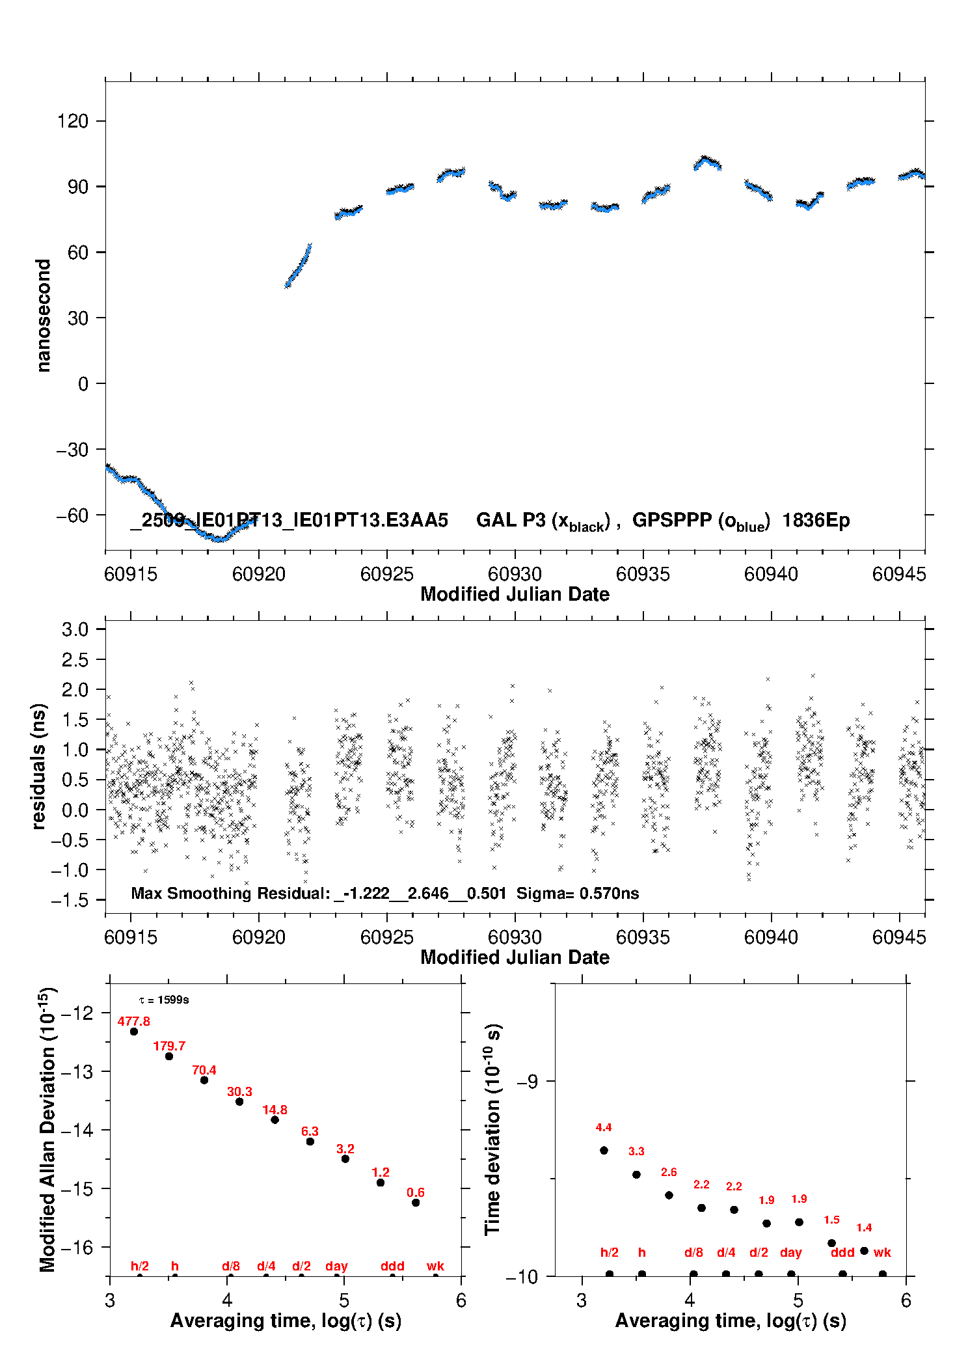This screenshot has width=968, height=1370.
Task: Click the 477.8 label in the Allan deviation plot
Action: [x=133, y=1021]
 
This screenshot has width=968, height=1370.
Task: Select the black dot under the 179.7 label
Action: [x=169, y=1056]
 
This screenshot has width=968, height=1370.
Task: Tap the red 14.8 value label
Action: [x=275, y=1110]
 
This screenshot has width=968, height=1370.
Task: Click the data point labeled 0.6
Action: [x=416, y=1202]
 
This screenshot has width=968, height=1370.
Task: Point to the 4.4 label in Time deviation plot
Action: [x=603, y=1127]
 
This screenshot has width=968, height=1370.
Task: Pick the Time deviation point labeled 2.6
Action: [x=669, y=1195]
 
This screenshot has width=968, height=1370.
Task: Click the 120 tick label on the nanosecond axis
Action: [x=72, y=121]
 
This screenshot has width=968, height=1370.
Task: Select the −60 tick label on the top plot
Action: [x=72, y=515]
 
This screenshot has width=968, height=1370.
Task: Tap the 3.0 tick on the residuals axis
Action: [x=75, y=629]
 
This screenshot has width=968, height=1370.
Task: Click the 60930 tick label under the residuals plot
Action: [x=515, y=937]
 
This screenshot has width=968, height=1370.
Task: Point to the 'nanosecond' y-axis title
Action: [x=44, y=316]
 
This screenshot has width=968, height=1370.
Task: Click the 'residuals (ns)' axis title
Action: [x=39, y=766]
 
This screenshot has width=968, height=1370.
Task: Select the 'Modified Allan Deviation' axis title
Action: [x=47, y=1129]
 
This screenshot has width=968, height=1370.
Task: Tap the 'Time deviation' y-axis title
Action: [x=492, y=1129]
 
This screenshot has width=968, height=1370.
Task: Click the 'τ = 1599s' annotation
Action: [x=164, y=1000]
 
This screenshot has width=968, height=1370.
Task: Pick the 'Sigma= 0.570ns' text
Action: [x=578, y=893]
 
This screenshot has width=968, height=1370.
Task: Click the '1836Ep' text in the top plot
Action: [x=816, y=520]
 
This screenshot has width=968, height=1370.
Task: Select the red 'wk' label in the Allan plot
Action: [x=435, y=1266]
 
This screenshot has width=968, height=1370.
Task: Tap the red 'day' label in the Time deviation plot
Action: [x=790, y=1252]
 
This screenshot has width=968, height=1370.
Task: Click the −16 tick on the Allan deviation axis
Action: [x=77, y=1247]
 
